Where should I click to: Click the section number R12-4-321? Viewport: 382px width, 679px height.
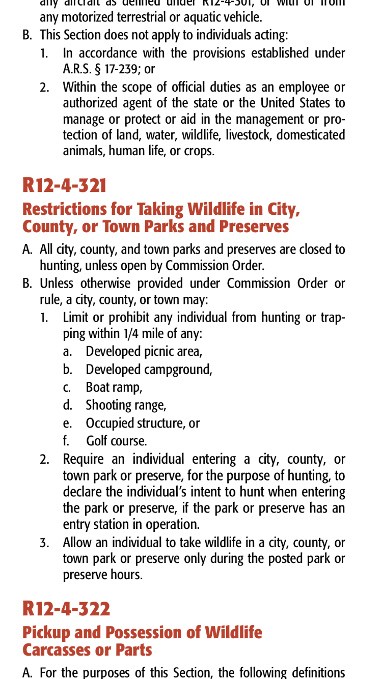pyautogui.click(x=64, y=185)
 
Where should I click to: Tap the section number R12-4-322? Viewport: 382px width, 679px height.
pyautogui.click(x=66, y=609)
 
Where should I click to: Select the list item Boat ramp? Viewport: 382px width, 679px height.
pyautogui.click(x=114, y=387)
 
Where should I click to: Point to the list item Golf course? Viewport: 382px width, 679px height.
pyautogui.click(x=116, y=441)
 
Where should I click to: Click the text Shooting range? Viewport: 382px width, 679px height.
pyautogui.click(x=125, y=405)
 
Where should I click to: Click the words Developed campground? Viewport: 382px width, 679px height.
pyautogui.click(x=148, y=370)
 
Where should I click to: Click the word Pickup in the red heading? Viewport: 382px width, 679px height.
pyautogui.click(x=46, y=633)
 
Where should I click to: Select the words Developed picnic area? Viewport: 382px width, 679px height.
pyautogui.click(x=143, y=352)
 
